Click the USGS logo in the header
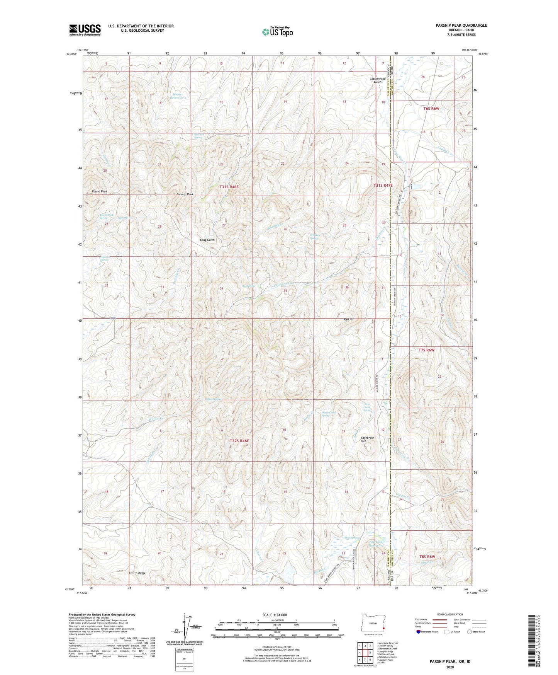[85, 29]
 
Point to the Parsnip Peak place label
[185, 194]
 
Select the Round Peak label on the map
[99, 191]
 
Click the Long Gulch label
[207, 240]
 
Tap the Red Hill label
[349, 319]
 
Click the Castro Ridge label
[137, 573]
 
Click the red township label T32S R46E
[239, 441]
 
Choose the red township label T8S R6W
[427, 557]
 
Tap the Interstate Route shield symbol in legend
[419, 632]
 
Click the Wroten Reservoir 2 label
[178, 96]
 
